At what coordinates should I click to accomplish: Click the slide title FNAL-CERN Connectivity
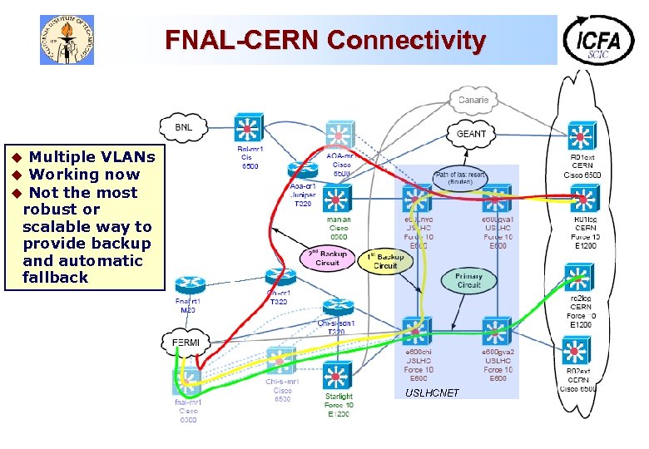[324, 40]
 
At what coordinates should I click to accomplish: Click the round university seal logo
[67, 40]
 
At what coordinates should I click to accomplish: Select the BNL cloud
[184, 127]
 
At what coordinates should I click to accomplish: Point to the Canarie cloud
[473, 100]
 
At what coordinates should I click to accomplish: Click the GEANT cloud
[471, 133]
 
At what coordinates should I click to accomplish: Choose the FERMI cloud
[185, 343]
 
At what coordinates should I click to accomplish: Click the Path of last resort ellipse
[459, 177]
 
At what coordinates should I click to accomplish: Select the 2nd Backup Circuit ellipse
[327, 258]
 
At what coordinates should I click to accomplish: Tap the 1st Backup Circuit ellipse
[385, 261]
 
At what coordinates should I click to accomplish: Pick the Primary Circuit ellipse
[468, 279]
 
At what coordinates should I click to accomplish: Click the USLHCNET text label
[432, 392]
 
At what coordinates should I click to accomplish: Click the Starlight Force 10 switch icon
[338, 375]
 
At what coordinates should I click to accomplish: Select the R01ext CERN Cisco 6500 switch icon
[580, 134]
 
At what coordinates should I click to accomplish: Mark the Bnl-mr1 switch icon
[247, 127]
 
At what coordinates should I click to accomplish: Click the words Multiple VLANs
[92, 157]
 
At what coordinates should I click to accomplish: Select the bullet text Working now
[84, 175]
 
